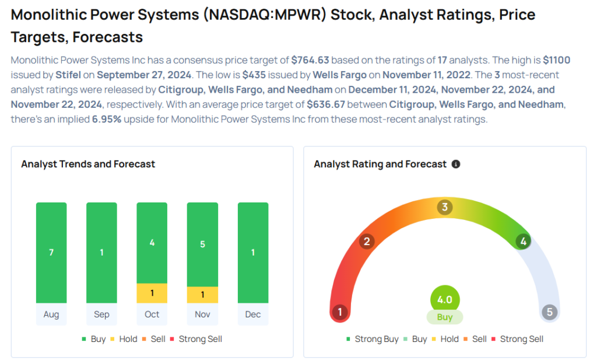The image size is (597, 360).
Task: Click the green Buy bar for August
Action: click(51, 252)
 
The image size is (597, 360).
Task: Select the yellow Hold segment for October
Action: click(152, 293)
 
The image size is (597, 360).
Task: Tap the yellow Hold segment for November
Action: click(202, 295)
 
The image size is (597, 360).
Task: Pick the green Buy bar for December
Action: click(253, 252)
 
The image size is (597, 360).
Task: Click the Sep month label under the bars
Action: click(101, 314)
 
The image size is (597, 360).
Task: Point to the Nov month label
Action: click(202, 314)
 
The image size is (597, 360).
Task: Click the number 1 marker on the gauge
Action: click(339, 312)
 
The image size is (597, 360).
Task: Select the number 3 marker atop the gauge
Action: click(445, 207)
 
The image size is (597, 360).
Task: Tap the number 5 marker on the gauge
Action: click(549, 312)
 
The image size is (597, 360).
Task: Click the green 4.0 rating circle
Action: click(445, 299)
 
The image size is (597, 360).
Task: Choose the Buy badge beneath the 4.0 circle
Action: click(445, 317)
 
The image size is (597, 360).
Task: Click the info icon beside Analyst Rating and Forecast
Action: click(456, 165)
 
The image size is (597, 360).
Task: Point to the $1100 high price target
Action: click(556, 60)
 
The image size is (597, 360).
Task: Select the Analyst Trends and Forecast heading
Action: click(88, 164)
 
